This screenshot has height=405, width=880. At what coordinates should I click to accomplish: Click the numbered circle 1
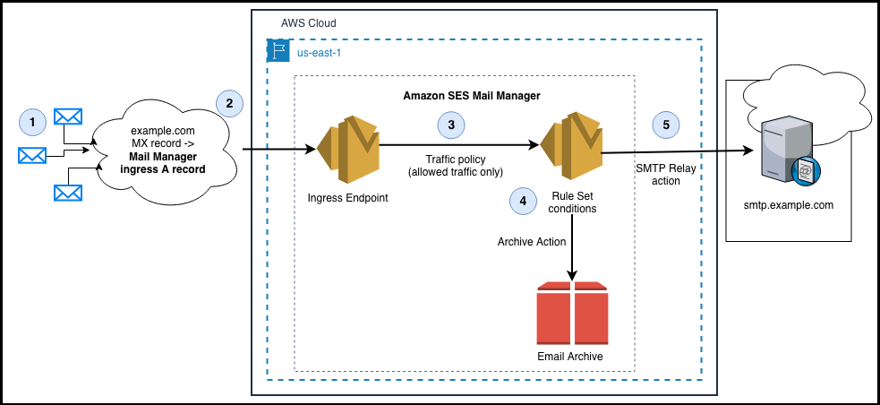tap(32, 122)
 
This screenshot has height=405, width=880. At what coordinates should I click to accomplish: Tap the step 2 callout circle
tap(229, 104)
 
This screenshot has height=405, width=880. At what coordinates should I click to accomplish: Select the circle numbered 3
tap(451, 125)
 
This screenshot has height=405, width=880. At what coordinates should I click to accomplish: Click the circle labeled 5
tap(665, 125)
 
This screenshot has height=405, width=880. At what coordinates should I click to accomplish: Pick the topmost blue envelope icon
tap(68, 116)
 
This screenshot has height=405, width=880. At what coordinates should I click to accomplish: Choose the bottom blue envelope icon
tap(68, 192)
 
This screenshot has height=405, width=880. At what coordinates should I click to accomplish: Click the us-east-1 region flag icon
tap(278, 50)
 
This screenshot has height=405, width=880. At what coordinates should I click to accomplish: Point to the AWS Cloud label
tap(306, 22)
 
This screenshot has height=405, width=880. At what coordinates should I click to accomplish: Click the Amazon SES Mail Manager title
tap(464, 95)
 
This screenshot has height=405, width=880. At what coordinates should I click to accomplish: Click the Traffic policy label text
tap(456, 165)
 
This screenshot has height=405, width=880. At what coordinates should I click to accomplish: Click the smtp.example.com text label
tap(788, 205)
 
